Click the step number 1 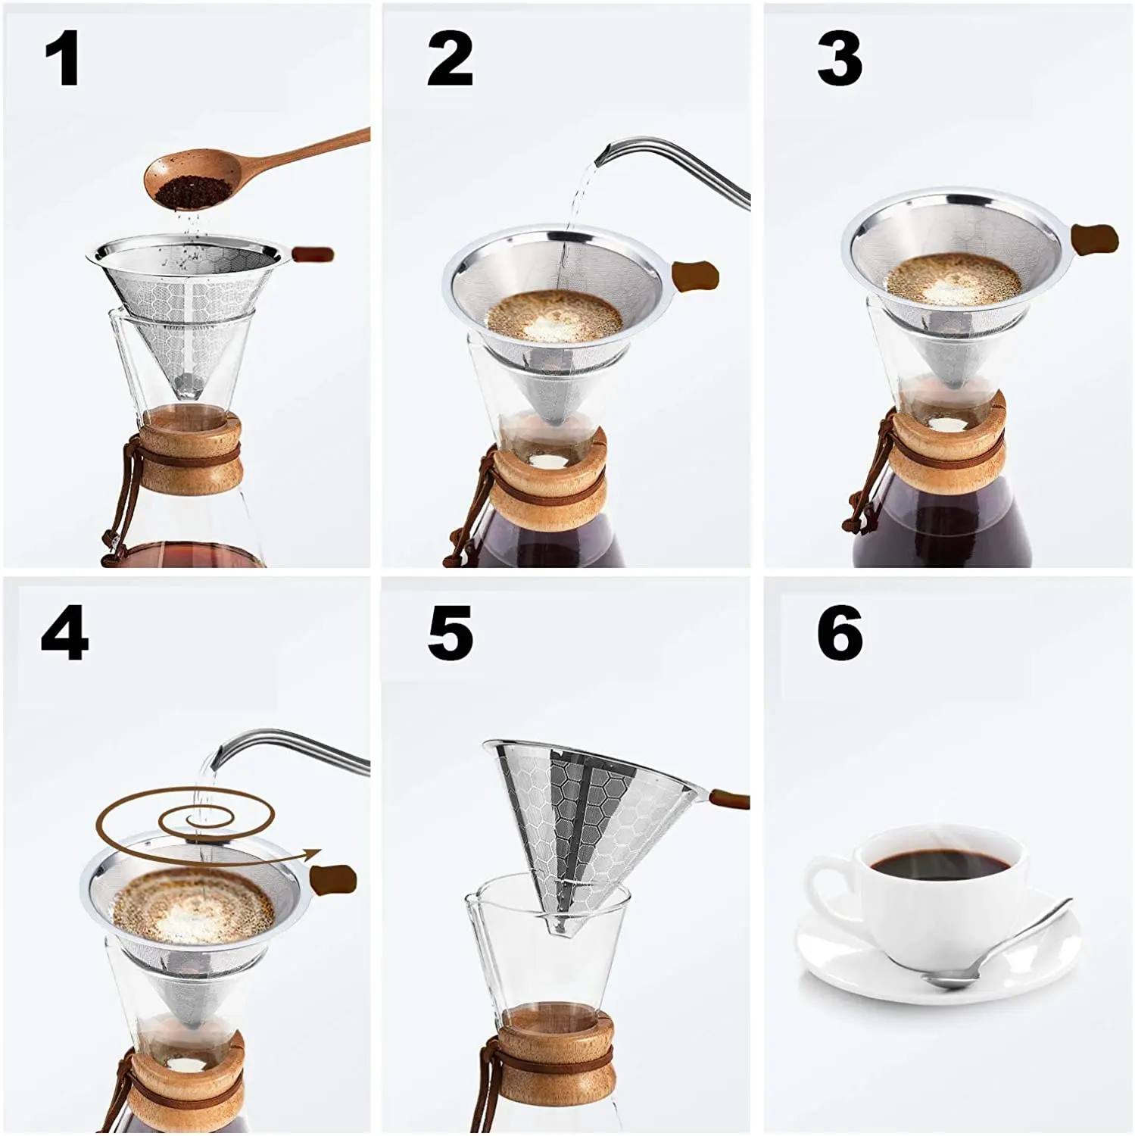pos(63,58)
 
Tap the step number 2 pos(450,58)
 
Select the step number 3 pos(840,58)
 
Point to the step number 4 pos(64,632)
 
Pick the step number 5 pos(450,632)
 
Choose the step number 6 pos(840,632)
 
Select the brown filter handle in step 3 pos(1096,239)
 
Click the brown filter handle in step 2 pos(695,275)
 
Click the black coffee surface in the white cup pos(940,863)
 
